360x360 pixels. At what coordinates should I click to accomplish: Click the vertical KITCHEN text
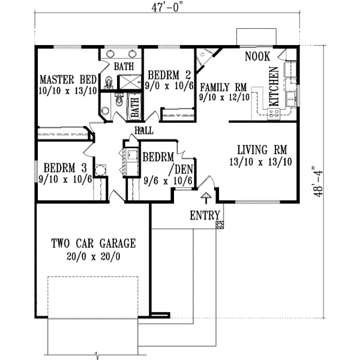click(x=274, y=87)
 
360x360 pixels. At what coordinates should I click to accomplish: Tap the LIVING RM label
click(x=260, y=149)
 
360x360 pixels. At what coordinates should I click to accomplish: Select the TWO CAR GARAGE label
click(x=93, y=244)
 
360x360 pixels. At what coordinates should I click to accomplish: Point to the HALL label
click(x=144, y=130)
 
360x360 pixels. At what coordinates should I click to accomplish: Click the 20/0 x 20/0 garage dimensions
click(x=93, y=256)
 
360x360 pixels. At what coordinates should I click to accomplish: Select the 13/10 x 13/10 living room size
click(x=260, y=162)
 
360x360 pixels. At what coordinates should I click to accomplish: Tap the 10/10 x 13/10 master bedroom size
click(x=67, y=91)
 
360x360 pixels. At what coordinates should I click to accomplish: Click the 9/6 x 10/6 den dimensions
click(x=167, y=179)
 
